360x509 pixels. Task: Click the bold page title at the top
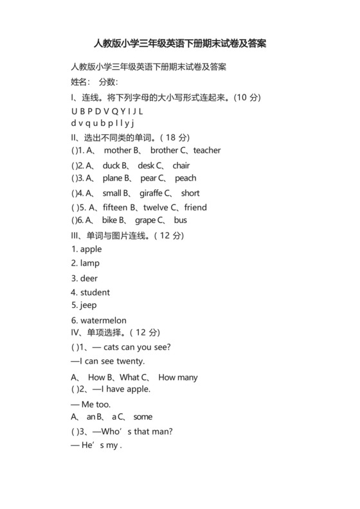[x=180, y=44]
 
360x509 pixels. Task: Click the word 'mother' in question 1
[x=117, y=150]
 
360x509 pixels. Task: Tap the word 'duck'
[x=111, y=165]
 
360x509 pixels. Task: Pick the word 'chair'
[x=181, y=165]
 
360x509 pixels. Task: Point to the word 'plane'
[x=113, y=178]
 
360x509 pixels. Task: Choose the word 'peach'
[x=186, y=178]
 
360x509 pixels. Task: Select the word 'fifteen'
[x=115, y=208]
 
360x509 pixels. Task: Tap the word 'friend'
[x=195, y=208]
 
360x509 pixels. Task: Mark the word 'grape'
[x=145, y=220]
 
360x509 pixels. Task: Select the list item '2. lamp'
[x=85, y=263]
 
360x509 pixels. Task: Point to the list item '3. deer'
[x=84, y=278]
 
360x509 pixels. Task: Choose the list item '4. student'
[x=91, y=292]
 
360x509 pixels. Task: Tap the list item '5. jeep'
[x=84, y=305]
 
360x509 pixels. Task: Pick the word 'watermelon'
[x=104, y=320]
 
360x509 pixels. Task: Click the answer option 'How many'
[x=178, y=377]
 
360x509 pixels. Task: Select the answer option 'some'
[x=143, y=416]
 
